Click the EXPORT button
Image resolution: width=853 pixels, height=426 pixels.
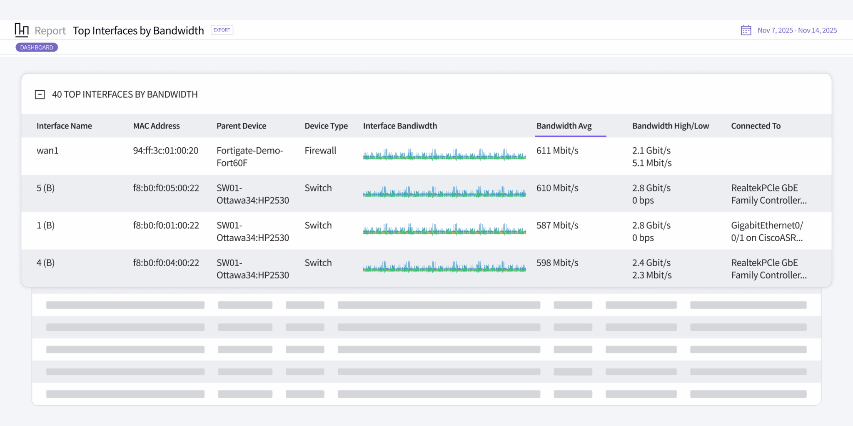tap(222, 30)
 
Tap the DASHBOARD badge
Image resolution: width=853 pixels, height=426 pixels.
tap(37, 47)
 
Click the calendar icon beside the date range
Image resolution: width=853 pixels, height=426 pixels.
tap(746, 30)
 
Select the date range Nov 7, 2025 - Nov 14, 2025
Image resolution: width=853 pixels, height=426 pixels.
tap(797, 30)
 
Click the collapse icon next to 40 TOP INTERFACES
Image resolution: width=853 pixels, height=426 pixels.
tap(40, 94)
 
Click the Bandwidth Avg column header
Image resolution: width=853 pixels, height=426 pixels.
tap(564, 126)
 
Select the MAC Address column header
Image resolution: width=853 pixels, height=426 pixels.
tap(156, 126)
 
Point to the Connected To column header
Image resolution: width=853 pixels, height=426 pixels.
tap(756, 126)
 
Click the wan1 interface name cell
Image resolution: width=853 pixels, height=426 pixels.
tap(47, 151)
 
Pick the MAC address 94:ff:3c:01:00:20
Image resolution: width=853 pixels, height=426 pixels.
tap(165, 151)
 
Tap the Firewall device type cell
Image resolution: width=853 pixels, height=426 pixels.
tap(320, 151)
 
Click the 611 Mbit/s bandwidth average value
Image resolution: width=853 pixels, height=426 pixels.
tap(557, 151)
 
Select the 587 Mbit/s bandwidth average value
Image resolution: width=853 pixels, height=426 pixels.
tap(557, 225)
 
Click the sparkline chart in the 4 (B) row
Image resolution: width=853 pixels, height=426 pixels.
tap(444, 266)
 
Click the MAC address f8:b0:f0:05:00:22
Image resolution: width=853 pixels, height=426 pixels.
tap(166, 188)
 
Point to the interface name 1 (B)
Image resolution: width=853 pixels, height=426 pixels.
tap(45, 225)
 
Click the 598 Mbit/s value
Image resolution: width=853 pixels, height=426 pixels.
tap(557, 263)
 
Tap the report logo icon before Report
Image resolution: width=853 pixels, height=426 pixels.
tap(22, 30)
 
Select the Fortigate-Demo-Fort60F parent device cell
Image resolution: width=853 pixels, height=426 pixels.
tap(249, 156)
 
